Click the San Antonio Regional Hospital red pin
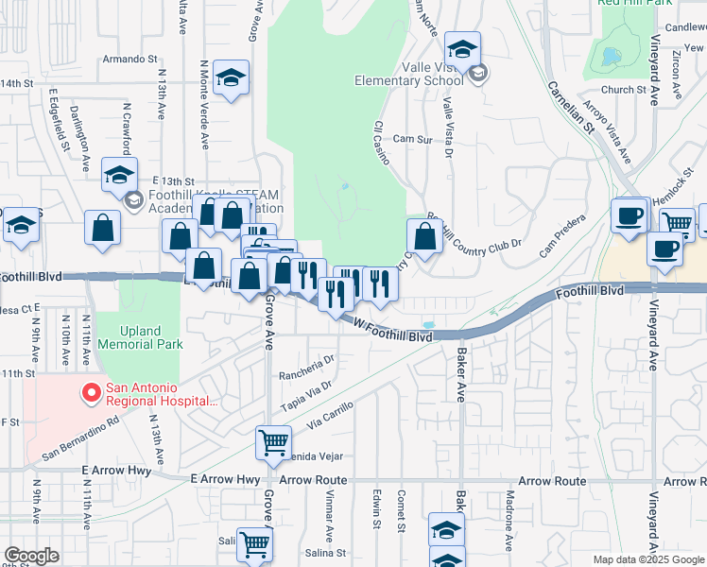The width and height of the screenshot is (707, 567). [x=92, y=392]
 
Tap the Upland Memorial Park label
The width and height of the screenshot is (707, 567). [x=141, y=337]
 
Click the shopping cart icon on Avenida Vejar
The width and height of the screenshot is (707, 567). [x=273, y=442]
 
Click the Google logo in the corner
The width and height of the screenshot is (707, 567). [x=31, y=556]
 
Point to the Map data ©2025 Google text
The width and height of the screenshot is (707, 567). [x=647, y=559]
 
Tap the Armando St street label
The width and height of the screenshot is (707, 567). [x=129, y=59]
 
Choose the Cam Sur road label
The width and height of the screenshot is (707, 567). [x=412, y=138]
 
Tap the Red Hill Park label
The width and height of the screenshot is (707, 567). [x=635, y=4]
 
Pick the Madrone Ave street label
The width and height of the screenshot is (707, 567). [x=509, y=519]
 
